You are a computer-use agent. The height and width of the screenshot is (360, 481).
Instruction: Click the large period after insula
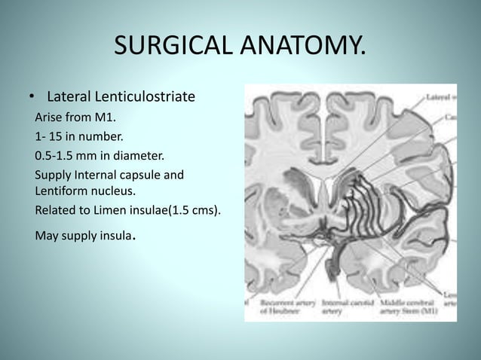[134, 239]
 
